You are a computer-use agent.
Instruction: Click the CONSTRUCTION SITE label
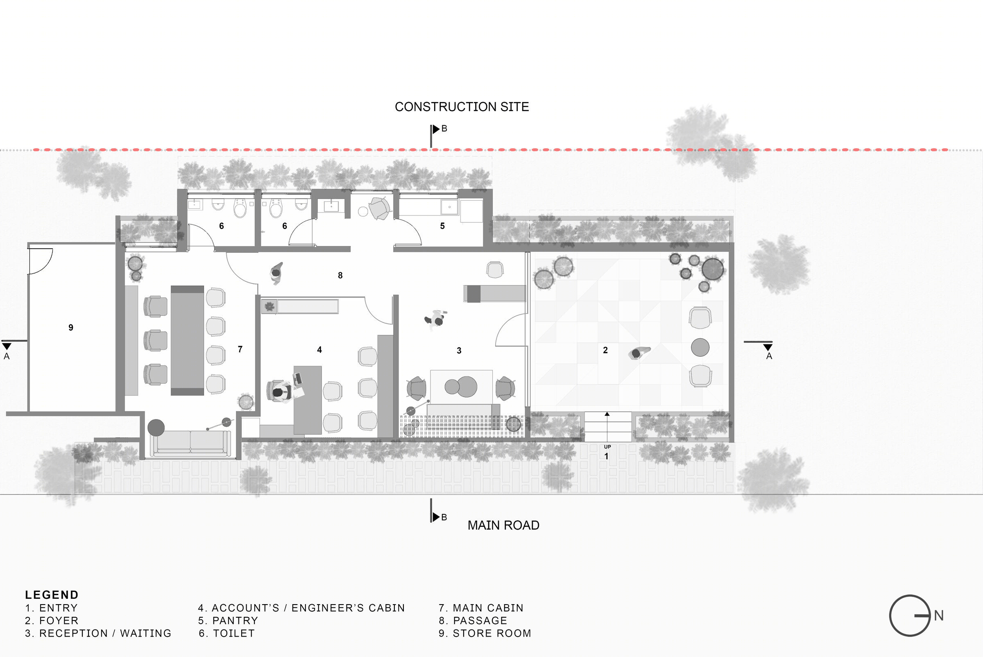coord(462,107)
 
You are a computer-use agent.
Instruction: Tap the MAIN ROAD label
coord(503,526)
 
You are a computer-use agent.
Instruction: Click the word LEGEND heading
coord(52,595)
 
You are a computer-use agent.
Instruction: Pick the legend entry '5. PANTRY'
coord(228,621)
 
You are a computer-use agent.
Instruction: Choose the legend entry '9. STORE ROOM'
coord(485,634)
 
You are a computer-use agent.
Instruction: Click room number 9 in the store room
coord(71,328)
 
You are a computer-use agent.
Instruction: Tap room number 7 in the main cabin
coord(240,349)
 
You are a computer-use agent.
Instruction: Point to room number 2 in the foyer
coord(605,350)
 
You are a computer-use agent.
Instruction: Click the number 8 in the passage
coord(340,275)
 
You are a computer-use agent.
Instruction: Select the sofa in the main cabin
coord(190,443)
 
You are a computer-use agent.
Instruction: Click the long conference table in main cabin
coord(187,341)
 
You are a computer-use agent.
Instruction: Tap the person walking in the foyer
coord(639,353)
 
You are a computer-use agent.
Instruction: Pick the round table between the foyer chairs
coord(700,347)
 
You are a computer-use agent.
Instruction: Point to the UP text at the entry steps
coord(607,447)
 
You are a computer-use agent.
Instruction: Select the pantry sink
coord(449,207)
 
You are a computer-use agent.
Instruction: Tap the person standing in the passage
coord(276,273)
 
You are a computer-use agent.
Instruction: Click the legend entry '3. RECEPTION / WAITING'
coord(98,634)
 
